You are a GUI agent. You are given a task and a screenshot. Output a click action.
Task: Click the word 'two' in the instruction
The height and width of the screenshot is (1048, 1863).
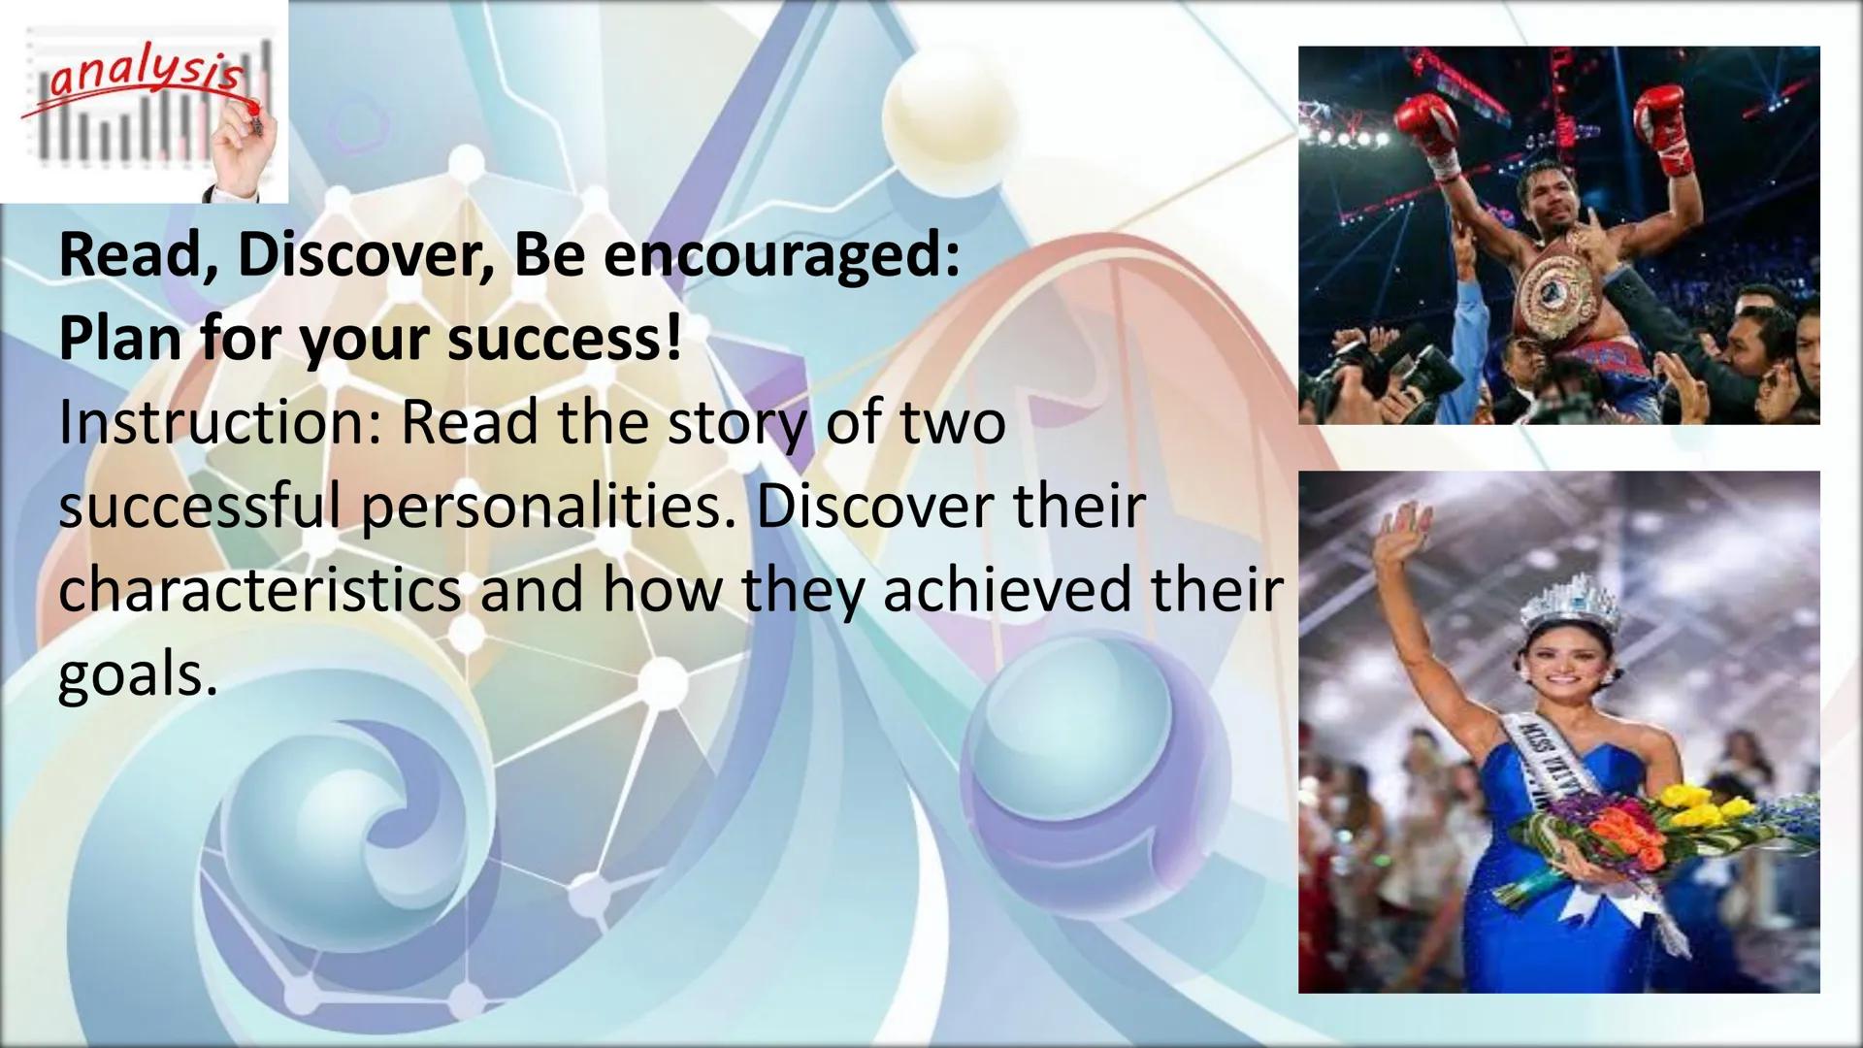[952, 423]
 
